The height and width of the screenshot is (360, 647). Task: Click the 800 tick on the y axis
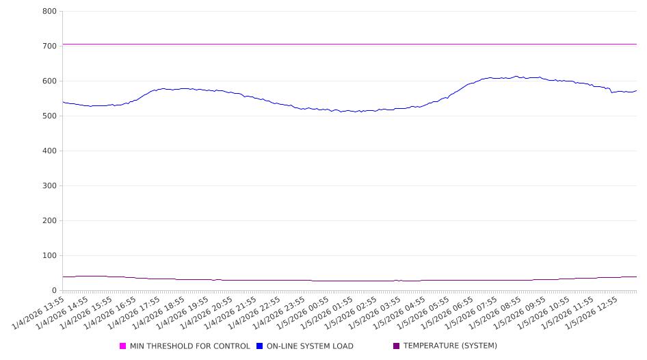coord(49,11)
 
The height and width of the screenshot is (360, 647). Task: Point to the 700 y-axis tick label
coord(49,46)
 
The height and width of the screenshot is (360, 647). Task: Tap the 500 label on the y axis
coord(49,116)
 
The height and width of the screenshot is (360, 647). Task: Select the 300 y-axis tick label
coord(49,185)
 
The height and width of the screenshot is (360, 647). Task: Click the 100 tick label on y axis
coord(49,255)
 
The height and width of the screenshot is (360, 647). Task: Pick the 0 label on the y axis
coord(54,290)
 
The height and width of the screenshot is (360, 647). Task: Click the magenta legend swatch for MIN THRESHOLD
coord(123,346)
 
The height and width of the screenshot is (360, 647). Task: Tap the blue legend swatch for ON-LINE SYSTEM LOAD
coord(260,346)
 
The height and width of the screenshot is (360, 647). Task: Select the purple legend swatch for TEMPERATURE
coord(397,346)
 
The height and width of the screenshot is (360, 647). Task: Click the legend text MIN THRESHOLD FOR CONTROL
coord(189,346)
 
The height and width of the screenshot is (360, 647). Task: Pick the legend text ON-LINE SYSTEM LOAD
coord(310,346)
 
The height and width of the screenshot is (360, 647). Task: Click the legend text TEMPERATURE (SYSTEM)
coord(450,346)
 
